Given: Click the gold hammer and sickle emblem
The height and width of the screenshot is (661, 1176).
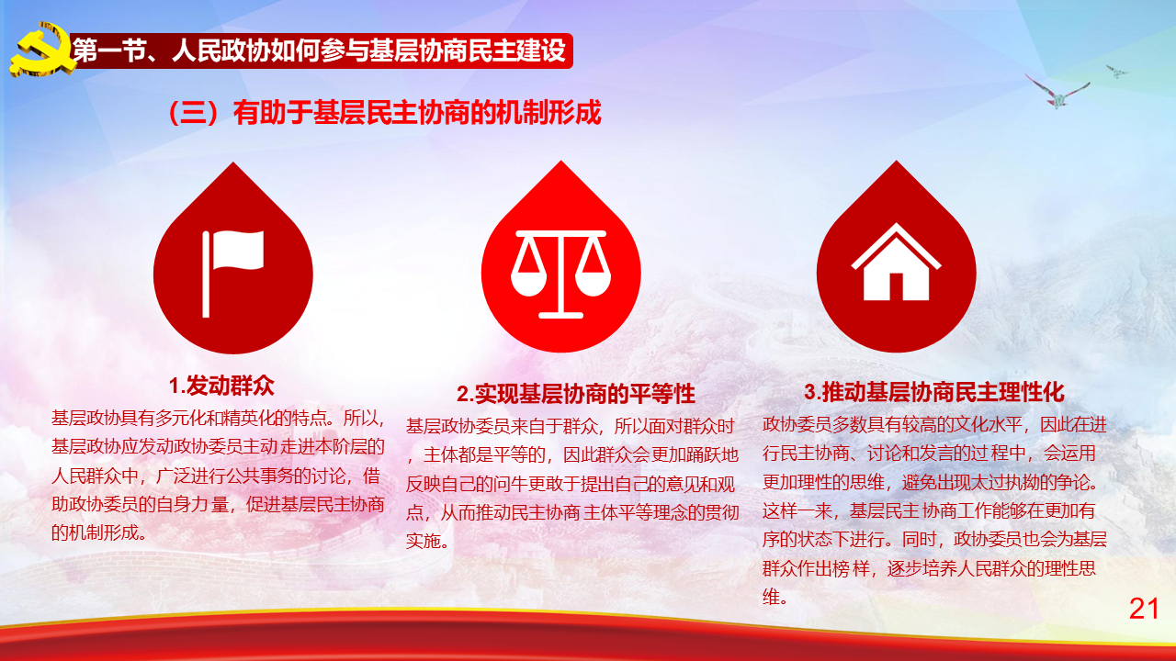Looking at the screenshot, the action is point(42,50).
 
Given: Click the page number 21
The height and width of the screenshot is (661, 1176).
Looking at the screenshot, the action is point(1144,609).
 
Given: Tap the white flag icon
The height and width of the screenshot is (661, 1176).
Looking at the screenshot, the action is point(233,274).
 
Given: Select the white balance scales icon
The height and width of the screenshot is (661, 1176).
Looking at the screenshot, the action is point(560,274).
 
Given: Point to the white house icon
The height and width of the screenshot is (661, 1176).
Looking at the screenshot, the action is point(896,263).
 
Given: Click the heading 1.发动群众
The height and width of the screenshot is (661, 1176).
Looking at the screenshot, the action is point(221,387).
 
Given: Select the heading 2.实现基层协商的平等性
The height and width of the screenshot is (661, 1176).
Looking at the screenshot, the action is point(576,394).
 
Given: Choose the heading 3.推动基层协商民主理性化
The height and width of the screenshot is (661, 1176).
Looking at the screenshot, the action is point(934,392).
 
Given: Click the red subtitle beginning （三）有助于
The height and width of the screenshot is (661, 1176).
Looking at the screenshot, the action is point(384,112).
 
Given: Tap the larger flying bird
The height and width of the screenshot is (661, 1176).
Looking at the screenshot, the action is point(1057,93).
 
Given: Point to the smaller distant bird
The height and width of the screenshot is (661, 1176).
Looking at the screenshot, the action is point(1116,72).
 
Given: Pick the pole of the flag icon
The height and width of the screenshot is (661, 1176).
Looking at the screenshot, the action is point(206,274).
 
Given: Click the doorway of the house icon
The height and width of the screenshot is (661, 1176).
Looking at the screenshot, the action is point(896,287).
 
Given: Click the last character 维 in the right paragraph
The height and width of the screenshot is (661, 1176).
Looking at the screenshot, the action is point(771,597).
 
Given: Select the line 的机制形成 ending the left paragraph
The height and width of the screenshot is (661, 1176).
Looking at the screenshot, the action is point(98,533).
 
